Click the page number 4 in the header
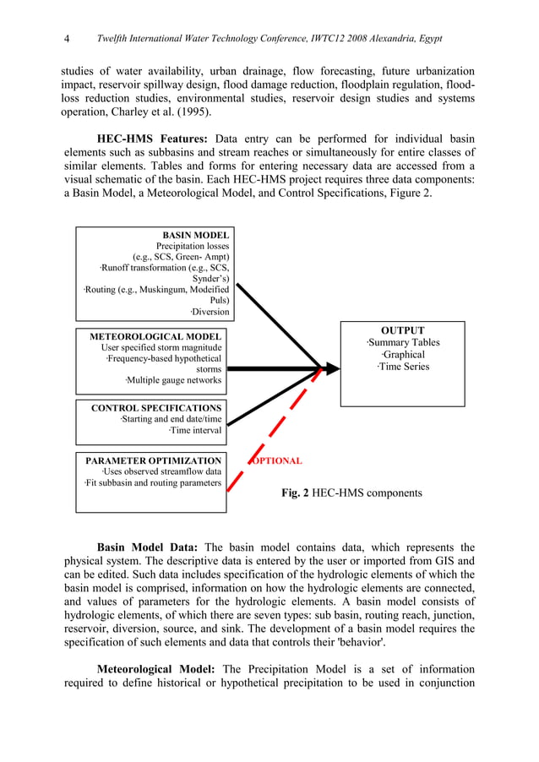(x=67, y=40)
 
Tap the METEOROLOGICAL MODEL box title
(x=155, y=336)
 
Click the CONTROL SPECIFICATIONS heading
(x=156, y=407)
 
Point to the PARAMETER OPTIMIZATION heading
(x=153, y=460)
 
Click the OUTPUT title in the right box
(x=402, y=330)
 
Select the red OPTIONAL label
(x=276, y=460)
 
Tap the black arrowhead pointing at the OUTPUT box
(x=332, y=368)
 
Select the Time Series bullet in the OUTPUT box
(x=403, y=367)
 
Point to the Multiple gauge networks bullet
(x=173, y=380)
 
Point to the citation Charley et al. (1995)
(x=155, y=111)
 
